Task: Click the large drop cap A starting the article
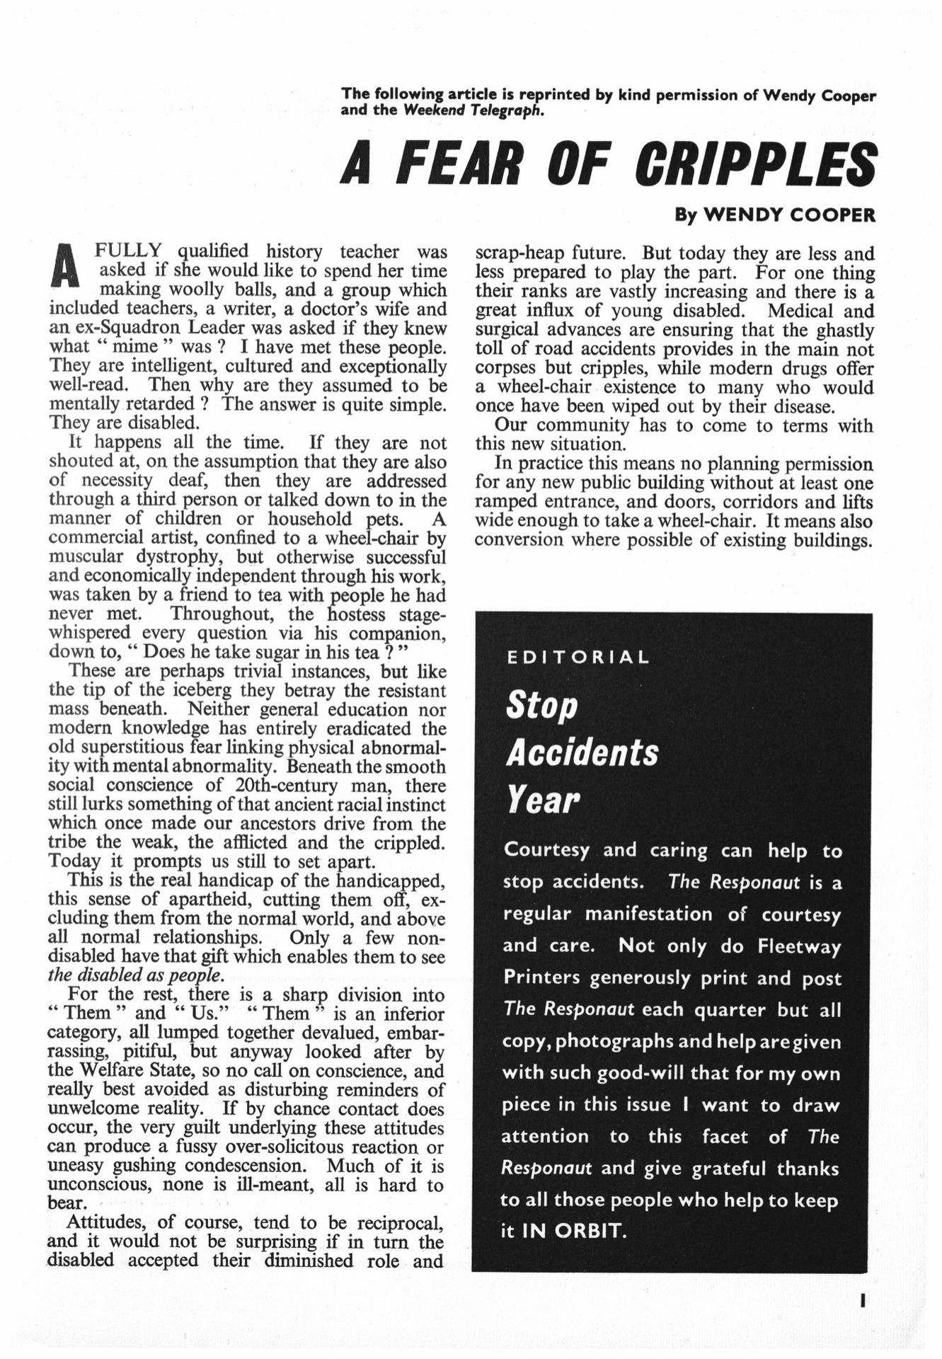click(x=65, y=266)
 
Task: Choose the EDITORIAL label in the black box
click(x=578, y=657)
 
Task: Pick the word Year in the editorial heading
click(x=542, y=800)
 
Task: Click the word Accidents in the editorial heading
click(x=582, y=752)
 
